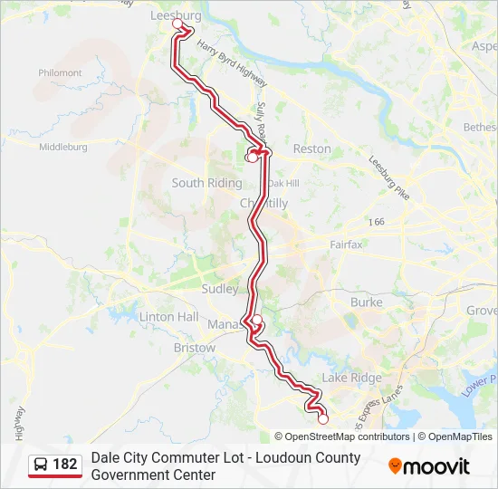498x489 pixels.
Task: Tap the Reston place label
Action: pyautogui.click(x=311, y=149)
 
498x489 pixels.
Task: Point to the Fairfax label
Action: pyautogui.click(x=346, y=244)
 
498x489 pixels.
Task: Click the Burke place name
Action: pyautogui.click(x=366, y=302)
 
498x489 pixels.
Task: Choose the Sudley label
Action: pyautogui.click(x=220, y=289)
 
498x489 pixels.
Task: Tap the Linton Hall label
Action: pyautogui.click(x=168, y=317)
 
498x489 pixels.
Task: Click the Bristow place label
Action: pyautogui.click(x=194, y=348)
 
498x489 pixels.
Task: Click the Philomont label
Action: pyautogui.click(x=60, y=73)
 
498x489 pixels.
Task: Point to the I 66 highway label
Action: pyautogui.click(x=377, y=221)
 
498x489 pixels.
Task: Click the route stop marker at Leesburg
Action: pyautogui.click(x=177, y=25)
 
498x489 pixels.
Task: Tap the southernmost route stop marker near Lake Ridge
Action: pyautogui.click(x=322, y=419)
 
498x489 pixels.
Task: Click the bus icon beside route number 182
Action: pyautogui.click(x=42, y=465)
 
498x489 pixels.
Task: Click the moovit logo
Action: pyautogui.click(x=429, y=466)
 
